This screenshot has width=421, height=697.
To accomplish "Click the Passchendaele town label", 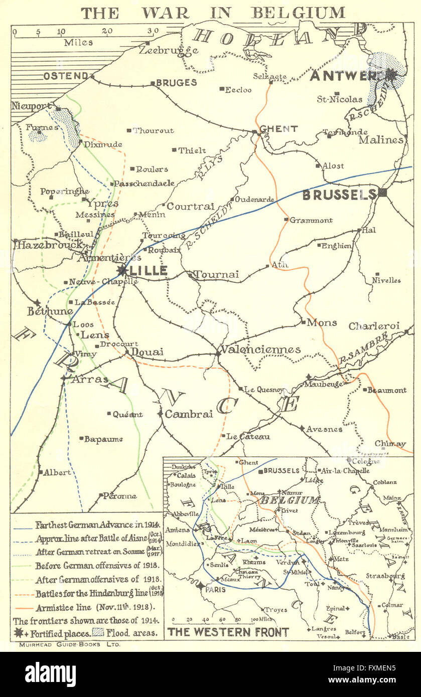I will coord(144,184).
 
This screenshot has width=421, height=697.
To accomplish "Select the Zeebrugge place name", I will coord(169,50).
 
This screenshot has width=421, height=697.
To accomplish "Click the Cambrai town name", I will coord(189,414).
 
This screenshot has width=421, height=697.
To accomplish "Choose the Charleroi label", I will coord(374,326).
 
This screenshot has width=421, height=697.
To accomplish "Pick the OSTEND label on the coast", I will coord(66,76).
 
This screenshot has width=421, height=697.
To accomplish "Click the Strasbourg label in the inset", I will coord(385,576).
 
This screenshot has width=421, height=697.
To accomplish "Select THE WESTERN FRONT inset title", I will coord(228,632).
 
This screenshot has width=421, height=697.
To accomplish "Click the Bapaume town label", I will coord(103,439).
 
